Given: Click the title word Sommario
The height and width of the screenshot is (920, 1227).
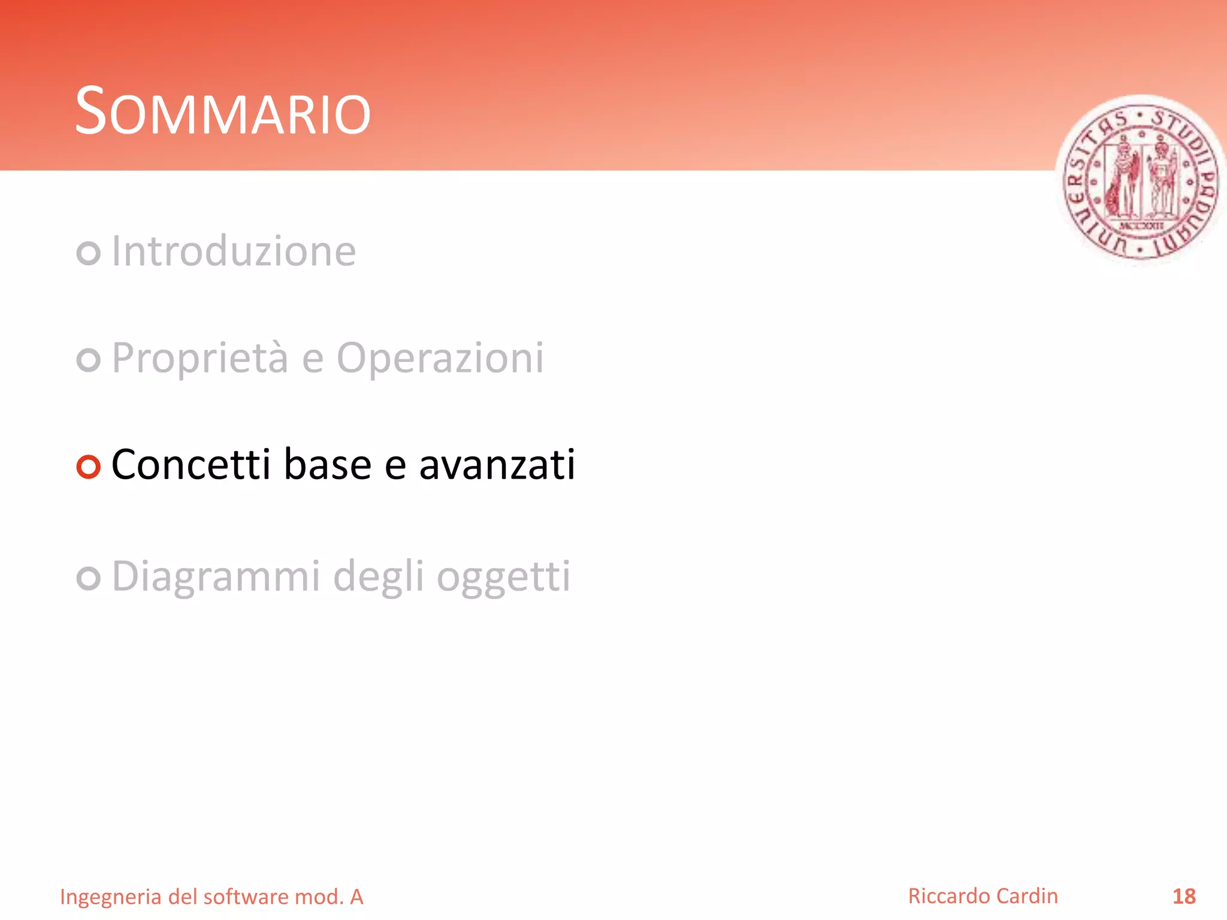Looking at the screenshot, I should pyautogui.click(x=222, y=112).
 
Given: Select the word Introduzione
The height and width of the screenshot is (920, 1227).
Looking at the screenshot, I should pyautogui.click(x=234, y=252).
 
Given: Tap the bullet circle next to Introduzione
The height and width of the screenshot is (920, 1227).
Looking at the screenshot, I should pyautogui.click(x=88, y=253).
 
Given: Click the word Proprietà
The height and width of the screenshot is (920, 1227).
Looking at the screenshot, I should pyautogui.click(x=200, y=358).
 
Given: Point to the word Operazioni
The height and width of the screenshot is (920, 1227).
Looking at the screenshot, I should pyautogui.click(x=440, y=358).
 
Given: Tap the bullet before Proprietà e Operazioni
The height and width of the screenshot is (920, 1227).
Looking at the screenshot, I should pyautogui.click(x=88, y=360).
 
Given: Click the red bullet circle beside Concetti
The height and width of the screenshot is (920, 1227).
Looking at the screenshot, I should pyautogui.click(x=88, y=467).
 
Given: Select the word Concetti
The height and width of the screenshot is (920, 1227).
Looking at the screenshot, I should pyautogui.click(x=191, y=465).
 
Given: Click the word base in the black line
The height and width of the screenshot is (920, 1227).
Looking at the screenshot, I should pyautogui.click(x=327, y=465).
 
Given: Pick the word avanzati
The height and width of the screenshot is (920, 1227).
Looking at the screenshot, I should pyautogui.click(x=497, y=465).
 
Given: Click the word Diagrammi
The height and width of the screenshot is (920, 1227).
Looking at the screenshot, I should pyautogui.click(x=216, y=577).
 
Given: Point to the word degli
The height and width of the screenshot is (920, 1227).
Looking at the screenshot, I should pyautogui.click(x=378, y=577).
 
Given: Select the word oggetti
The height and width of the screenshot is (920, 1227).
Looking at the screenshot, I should pyautogui.click(x=503, y=577).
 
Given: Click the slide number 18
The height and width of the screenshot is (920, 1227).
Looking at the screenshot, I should pyautogui.click(x=1184, y=897).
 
